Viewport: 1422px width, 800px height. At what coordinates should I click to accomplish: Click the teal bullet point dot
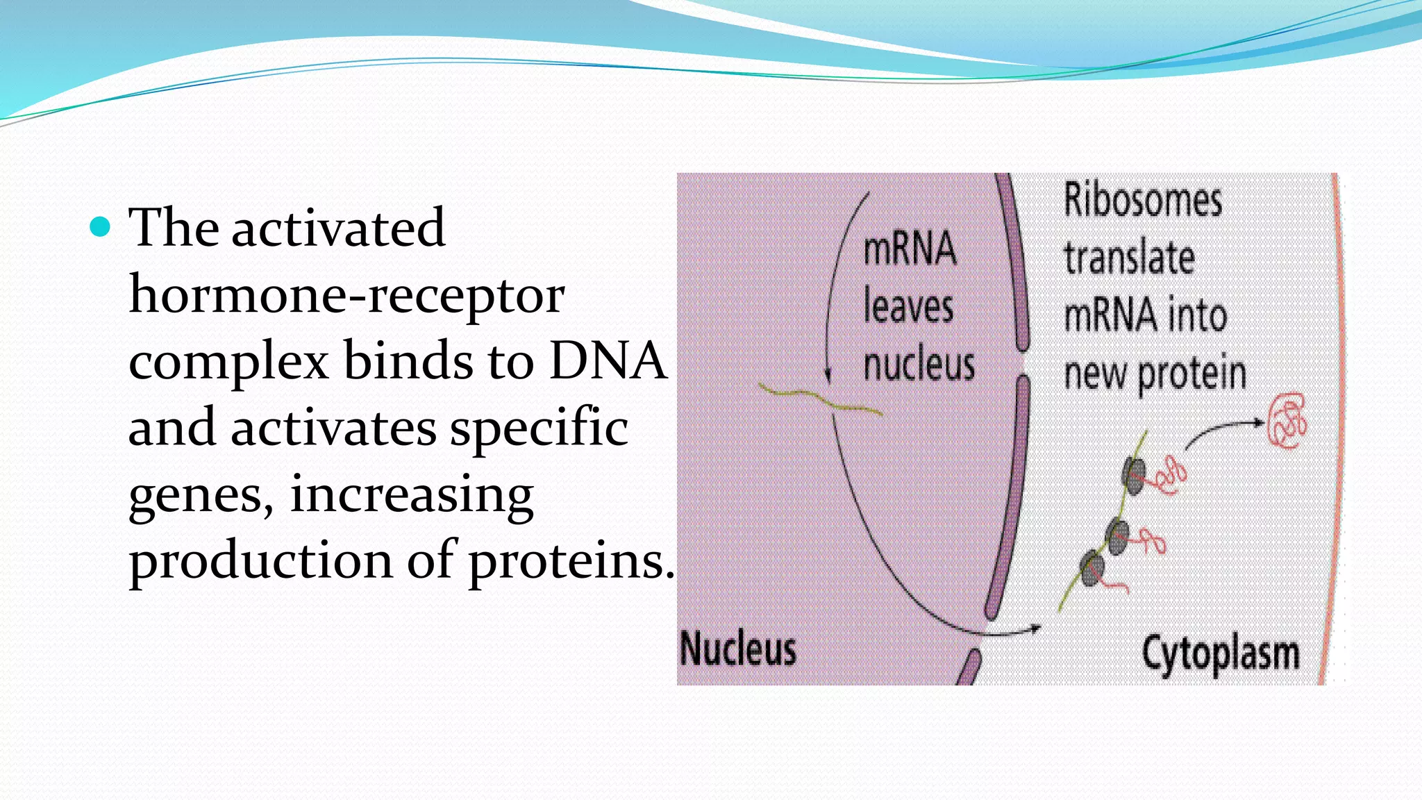pos(101,227)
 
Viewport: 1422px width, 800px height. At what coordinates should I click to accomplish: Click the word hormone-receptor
pos(346,294)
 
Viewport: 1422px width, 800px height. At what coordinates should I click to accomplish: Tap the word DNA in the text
pos(608,361)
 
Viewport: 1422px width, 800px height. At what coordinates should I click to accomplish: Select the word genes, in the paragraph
pos(201,496)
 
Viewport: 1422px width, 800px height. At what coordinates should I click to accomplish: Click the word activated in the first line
pos(337,228)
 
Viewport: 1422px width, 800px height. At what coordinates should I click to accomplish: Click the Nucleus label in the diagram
pos(737,649)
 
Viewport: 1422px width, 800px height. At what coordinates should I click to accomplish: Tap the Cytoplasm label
pos(1221,654)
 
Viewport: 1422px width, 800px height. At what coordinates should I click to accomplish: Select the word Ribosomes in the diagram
pos(1143,201)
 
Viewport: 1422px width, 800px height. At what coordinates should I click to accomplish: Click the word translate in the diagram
pos(1129,258)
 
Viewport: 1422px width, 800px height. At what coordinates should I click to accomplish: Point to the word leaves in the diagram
pos(908,307)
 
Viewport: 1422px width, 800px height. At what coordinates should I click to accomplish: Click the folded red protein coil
pos(1287,421)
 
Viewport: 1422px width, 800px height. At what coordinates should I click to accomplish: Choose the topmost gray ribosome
pos(1133,476)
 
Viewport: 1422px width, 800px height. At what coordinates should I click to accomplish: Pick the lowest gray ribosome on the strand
pos(1092,568)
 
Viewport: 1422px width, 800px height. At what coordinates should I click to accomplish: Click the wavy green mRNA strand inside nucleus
pos(819,400)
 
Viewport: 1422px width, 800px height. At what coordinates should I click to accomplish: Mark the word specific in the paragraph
pos(539,428)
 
